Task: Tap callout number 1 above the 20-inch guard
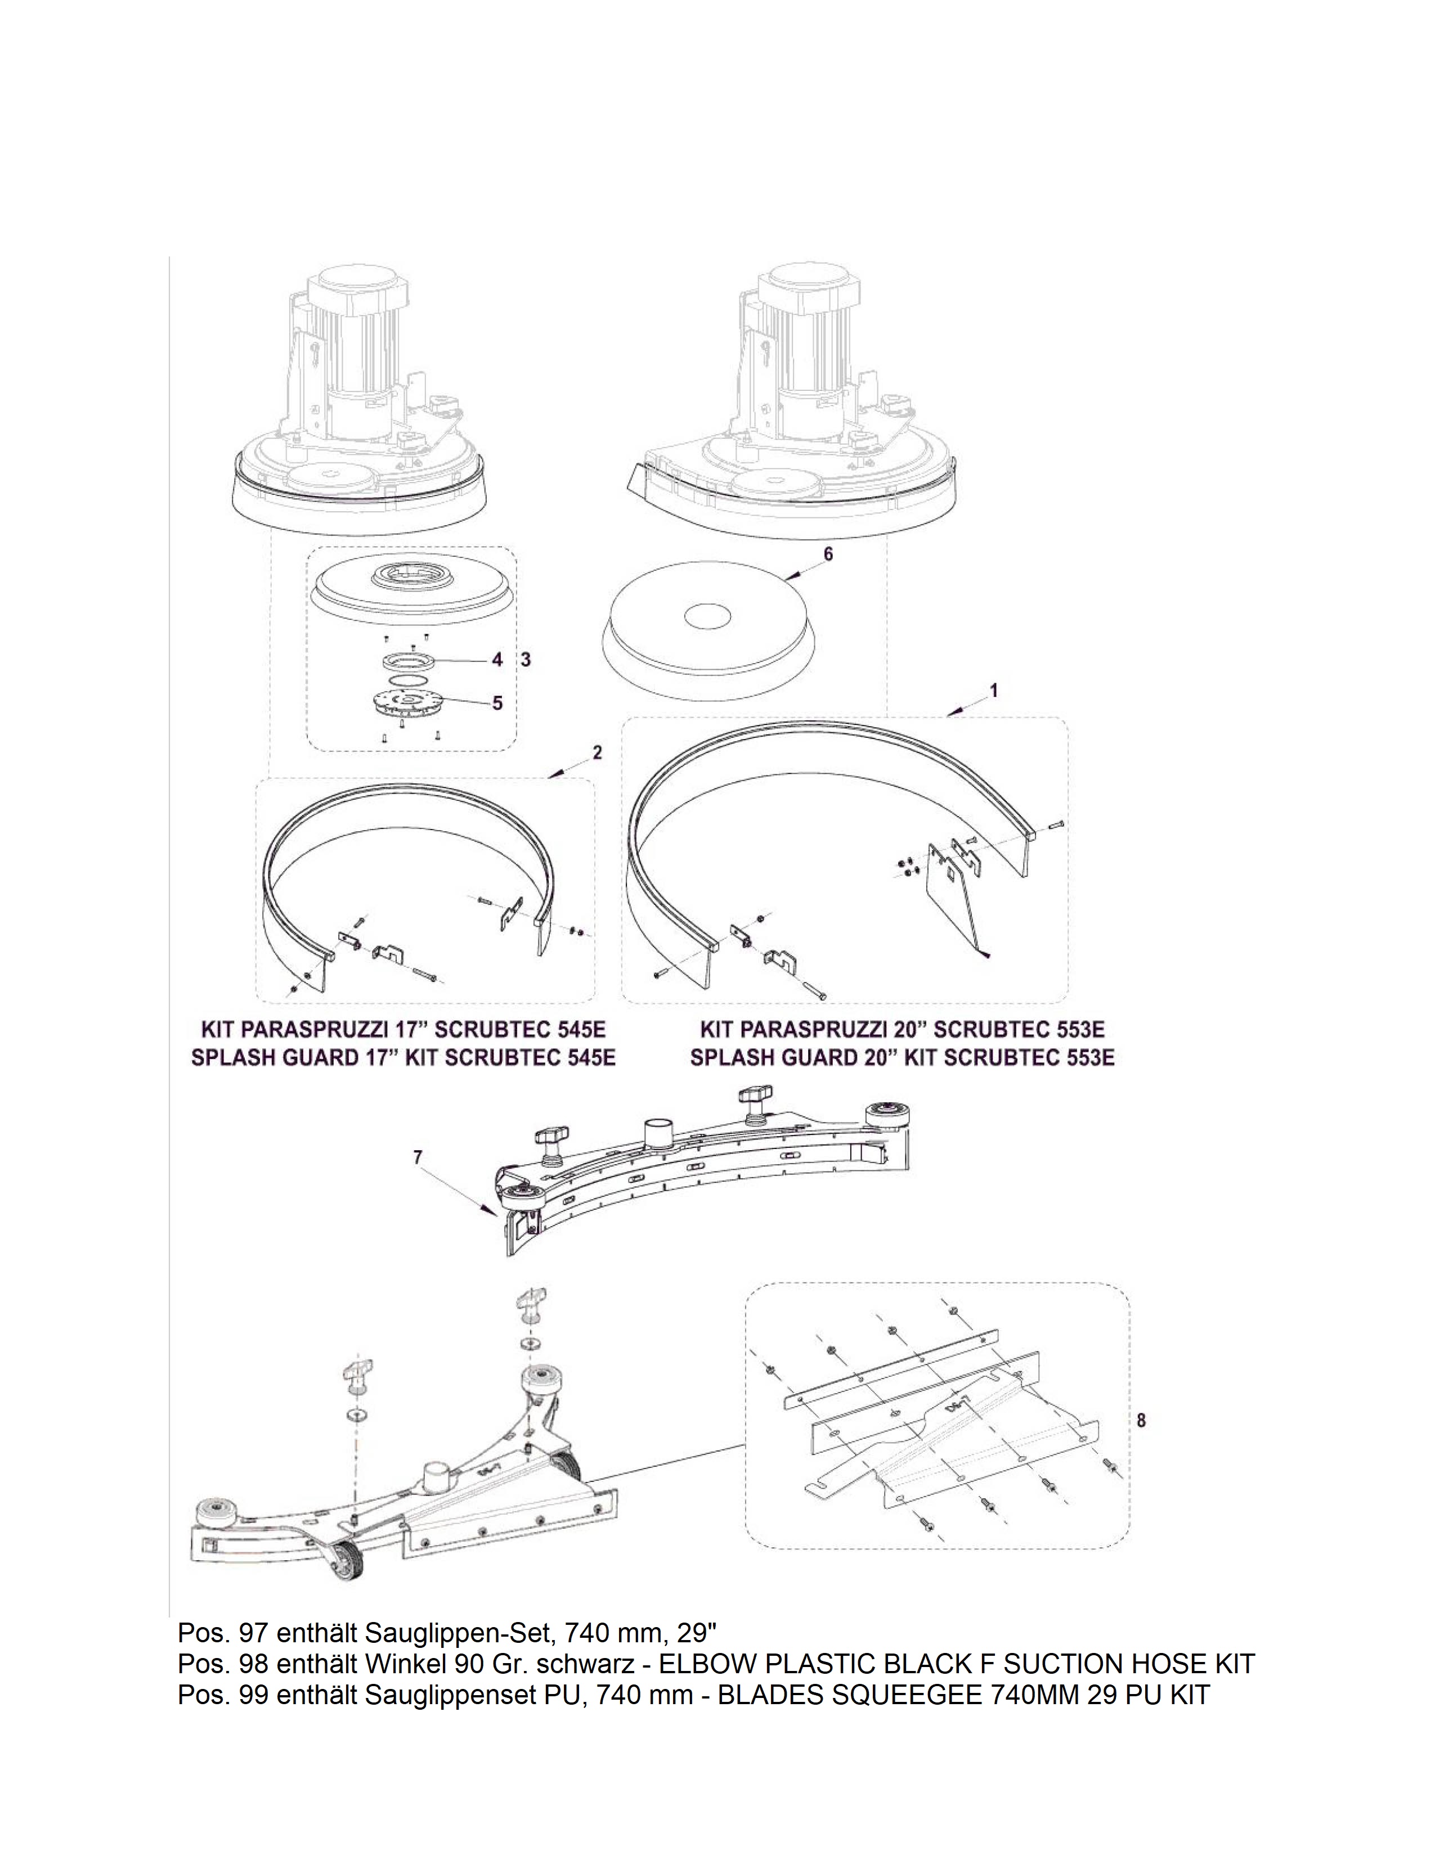coord(994,691)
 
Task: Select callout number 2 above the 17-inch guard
coord(598,752)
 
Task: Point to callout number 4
coord(497,660)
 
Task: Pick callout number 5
coord(497,703)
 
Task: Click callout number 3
coord(526,660)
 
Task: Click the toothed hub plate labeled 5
coord(410,704)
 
